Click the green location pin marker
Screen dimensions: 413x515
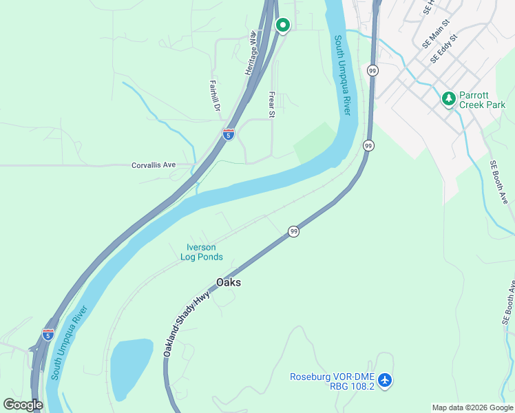pos(282,25)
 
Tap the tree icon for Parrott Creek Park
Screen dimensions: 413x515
pos(449,99)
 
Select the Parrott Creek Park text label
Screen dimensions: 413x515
pos(483,100)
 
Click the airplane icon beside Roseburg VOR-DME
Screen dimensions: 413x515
pos(386,380)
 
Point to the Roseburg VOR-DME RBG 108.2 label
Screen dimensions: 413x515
pos(332,381)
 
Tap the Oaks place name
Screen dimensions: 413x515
pos(229,282)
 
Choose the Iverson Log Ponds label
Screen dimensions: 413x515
pos(202,252)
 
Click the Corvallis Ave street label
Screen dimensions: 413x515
pos(154,165)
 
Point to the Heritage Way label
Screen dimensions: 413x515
pos(251,53)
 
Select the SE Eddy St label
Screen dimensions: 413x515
pos(445,50)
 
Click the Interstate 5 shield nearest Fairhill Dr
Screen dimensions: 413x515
pos(229,134)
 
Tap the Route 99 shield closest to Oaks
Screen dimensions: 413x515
pos(294,231)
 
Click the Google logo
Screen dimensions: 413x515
pos(23,405)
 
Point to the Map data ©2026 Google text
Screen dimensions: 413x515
pos(472,407)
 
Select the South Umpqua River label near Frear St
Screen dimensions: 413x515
pos(343,76)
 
